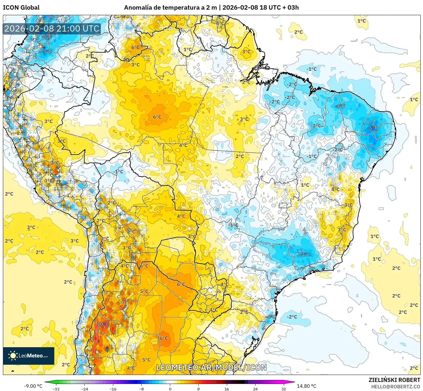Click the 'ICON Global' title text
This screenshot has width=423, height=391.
pyautogui.click(x=21, y=8)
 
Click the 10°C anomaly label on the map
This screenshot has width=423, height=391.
pyautogui.click(x=103, y=324)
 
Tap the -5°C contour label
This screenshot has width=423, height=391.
pyautogui.click(x=47, y=52)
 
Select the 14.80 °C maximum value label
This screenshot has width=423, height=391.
pyautogui.click(x=307, y=386)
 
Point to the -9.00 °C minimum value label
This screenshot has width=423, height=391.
pyautogui.click(x=33, y=386)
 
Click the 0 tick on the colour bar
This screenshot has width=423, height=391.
pyautogui.click(x=170, y=389)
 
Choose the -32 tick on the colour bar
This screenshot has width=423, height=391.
pyautogui.click(x=56, y=389)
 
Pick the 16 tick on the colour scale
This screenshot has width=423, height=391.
pyautogui.click(x=227, y=389)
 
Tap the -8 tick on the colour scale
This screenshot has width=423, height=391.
pyautogui.click(x=142, y=389)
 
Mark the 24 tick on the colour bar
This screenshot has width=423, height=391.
pyautogui.click(x=255, y=389)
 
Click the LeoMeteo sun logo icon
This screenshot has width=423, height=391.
pyautogui.click(x=13, y=356)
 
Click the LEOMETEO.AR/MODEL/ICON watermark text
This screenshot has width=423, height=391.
pyautogui.click(x=211, y=367)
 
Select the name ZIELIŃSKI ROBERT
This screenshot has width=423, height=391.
pyautogui.click(x=394, y=380)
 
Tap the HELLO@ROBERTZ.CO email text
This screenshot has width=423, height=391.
pyautogui.click(x=396, y=387)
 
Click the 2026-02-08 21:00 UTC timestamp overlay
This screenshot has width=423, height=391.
pyautogui.click(x=52, y=29)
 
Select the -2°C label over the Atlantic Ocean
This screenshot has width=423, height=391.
pyautogui.click(x=292, y=317)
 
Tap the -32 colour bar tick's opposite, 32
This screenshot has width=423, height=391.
pyautogui.click(x=284, y=389)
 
